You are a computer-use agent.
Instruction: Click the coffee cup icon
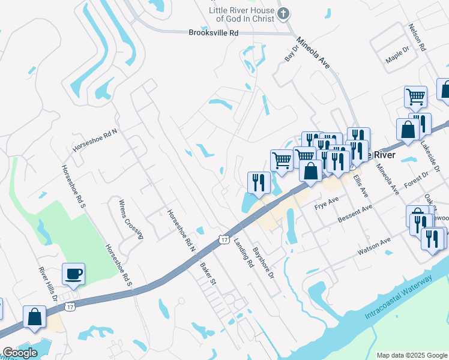(x=74, y=274)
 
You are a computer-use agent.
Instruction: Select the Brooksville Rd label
(x=213, y=34)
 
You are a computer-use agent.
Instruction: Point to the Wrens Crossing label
(x=131, y=219)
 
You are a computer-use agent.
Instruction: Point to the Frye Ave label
(x=327, y=203)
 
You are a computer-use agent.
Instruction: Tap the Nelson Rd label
(x=417, y=37)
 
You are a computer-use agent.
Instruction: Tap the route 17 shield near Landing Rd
(x=224, y=239)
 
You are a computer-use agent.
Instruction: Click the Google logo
(x=20, y=353)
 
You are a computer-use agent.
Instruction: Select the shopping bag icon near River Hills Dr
(x=34, y=317)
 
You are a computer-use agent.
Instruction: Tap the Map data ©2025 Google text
(x=412, y=355)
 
